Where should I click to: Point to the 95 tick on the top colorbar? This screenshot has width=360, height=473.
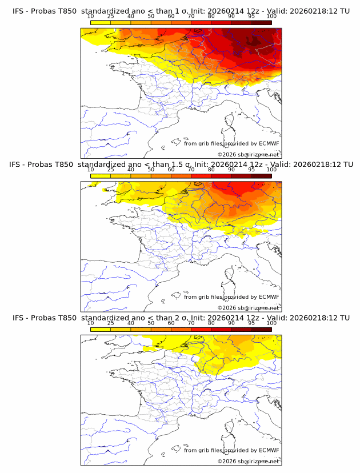click(251, 16)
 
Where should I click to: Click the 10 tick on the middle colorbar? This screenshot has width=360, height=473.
click(91, 170)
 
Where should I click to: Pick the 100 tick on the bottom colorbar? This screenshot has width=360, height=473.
click(271, 323)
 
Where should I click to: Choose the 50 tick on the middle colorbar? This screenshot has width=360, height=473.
click(151, 170)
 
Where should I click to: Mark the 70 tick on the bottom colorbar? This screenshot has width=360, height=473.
click(191, 323)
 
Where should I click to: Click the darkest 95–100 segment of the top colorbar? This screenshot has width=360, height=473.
click(261, 22)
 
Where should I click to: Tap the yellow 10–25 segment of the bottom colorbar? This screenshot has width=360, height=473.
click(101, 330)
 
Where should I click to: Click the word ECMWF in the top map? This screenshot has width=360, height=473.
click(269, 143)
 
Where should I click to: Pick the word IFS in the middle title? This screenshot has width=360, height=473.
click(19, 164)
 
